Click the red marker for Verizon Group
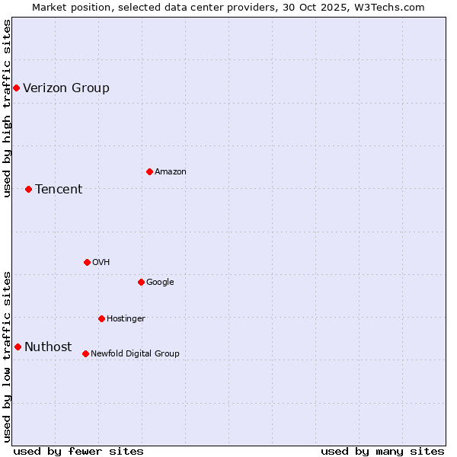click(16, 88)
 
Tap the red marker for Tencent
click(28, 189)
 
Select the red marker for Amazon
click(149, 171)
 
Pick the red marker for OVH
click(87, 262)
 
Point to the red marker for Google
click(141, 282)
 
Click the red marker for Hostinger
click(101, 318)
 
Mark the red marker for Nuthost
click(18, 347)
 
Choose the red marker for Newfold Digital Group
click(85, 353)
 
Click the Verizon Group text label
click(66, 88)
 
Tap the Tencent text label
click(59, 189)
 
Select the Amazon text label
click(171, 171)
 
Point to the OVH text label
click(101, 262)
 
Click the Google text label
click(160, 282)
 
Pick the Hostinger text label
click(126, 318)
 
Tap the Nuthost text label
click(48, 347)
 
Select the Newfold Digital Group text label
click(136, 353)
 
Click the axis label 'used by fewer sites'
click(78, 451)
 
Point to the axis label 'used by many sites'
click(382, 451)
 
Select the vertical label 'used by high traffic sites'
click(7, 108)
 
